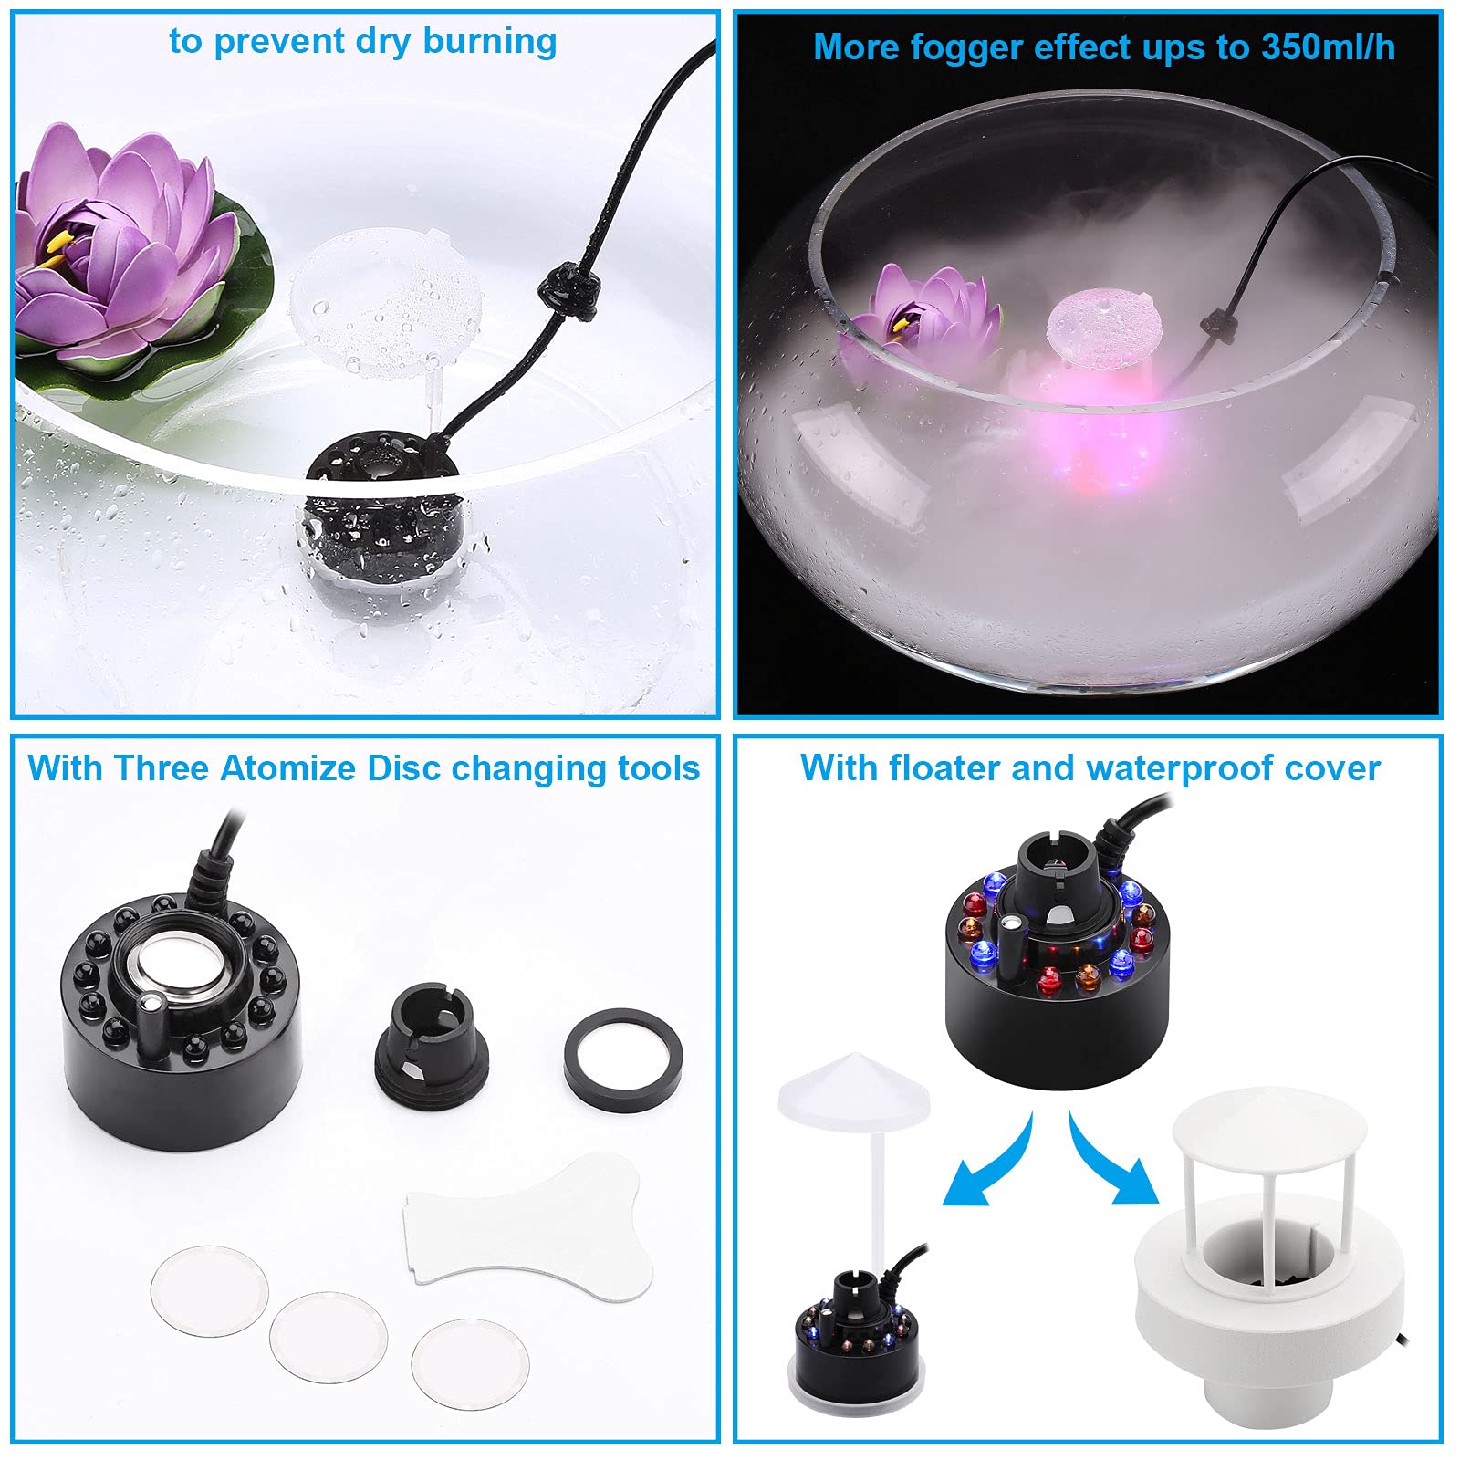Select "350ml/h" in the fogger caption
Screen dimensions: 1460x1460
1328,47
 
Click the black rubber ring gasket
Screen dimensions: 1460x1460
623,1059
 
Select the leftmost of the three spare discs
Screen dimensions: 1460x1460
210,1289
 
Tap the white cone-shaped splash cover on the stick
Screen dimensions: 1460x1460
853,1086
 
